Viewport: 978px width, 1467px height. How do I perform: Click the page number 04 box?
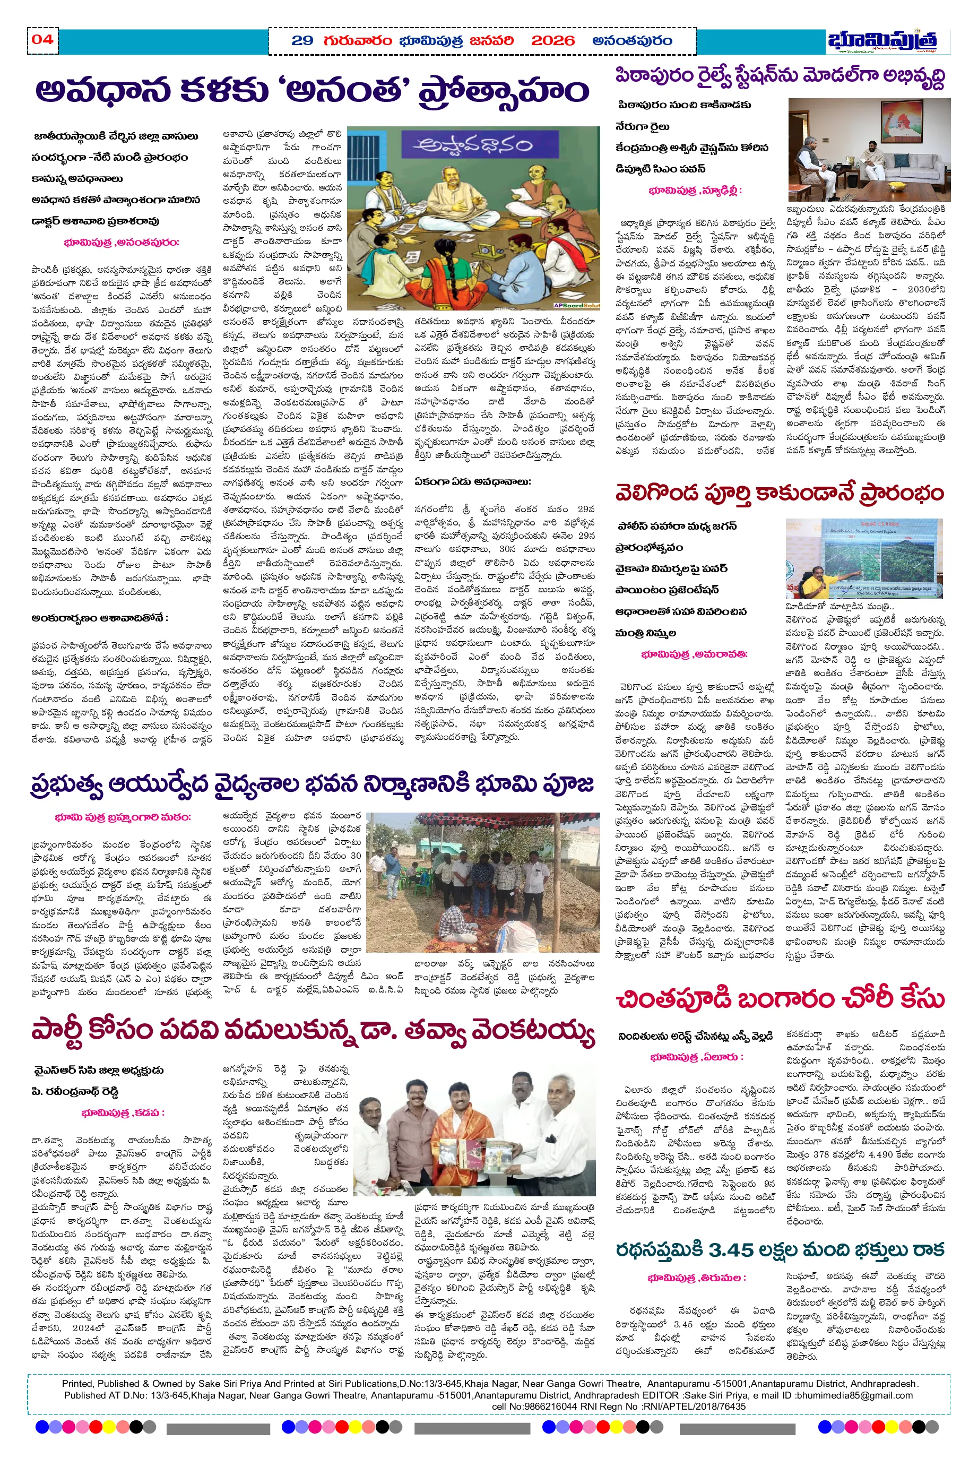click(x=42, y=40)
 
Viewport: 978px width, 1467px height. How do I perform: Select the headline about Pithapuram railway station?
click(x=780, y=77)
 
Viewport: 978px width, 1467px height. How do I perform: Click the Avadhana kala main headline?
click(x=312, y=90)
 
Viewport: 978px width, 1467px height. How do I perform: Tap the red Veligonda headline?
click(x=780, y=493)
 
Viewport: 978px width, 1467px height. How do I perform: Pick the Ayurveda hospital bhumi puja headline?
click(x=312, y=784)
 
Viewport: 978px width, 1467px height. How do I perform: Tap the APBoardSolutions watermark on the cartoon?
click(x=576, y=306)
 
